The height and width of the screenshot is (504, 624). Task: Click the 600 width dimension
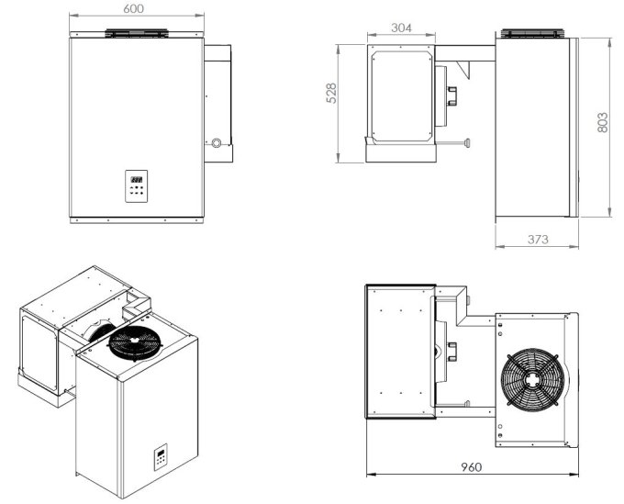135,8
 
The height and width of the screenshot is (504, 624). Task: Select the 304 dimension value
400,28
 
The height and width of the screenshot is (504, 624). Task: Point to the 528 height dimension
332,94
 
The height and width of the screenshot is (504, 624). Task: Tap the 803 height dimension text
603,123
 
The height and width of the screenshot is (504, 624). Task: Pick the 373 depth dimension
538,241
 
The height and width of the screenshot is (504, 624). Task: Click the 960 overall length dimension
473,465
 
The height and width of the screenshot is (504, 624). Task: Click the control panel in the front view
136,185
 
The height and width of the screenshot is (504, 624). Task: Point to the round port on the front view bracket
217,143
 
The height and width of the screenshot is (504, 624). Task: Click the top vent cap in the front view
135,34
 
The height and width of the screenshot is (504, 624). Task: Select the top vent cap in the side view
529,34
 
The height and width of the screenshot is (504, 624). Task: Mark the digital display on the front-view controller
135,179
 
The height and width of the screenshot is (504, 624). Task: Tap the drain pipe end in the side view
469,142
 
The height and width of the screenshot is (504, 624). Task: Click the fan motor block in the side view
451,94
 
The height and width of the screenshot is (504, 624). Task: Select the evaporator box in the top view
400,351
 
